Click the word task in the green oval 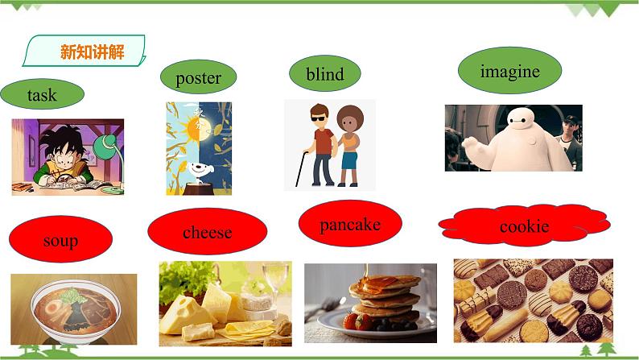(x=42, y=95)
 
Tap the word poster (x=198, y=78)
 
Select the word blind (x=325, y=74)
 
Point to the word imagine (x=509, y=71)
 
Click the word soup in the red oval (x=60, y=240)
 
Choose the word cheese (x=207, y=233)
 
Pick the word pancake (x=349, y=225)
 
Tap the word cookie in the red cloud (x=524, y=226)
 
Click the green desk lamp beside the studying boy (x=106, y=147)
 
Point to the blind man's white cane (x=301, y=169)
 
